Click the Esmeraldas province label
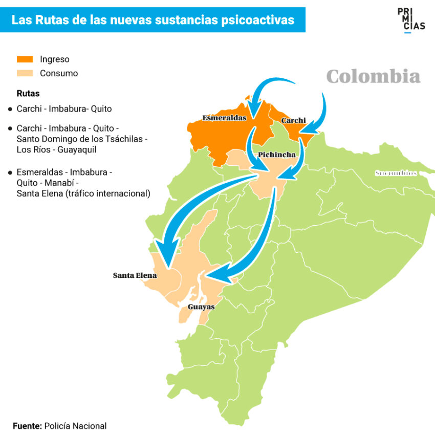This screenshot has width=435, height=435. [224, 118]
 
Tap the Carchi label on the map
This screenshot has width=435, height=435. [293, 121]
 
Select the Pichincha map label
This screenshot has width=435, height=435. [277, 155]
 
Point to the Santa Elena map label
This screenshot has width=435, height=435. [135, 275]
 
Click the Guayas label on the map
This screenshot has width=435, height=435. [201, 307]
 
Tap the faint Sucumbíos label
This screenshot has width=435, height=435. [396, 173]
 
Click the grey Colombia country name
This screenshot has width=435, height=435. [373, 77]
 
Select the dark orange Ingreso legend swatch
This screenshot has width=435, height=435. [25, 59]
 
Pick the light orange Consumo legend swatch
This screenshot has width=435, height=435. [25, 73]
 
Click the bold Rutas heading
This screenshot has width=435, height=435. [28, 94]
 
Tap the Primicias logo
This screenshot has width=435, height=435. [410, 20]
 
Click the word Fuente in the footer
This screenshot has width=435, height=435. [27, 426]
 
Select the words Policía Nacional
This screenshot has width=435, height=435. [76, 426]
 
